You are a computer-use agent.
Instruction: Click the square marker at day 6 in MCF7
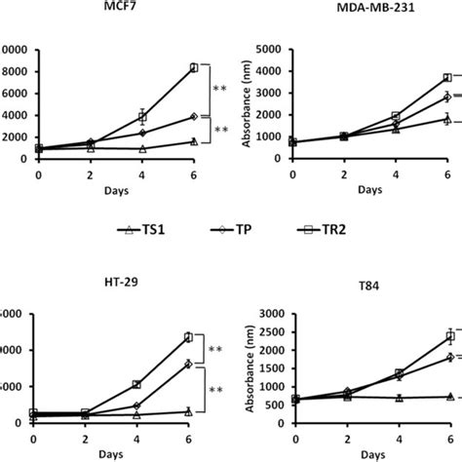coord(194,67)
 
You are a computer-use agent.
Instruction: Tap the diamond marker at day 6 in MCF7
coord(194,116)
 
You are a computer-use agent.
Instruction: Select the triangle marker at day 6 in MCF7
coord(194,141)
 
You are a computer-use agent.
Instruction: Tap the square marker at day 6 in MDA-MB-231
coord(447,77)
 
